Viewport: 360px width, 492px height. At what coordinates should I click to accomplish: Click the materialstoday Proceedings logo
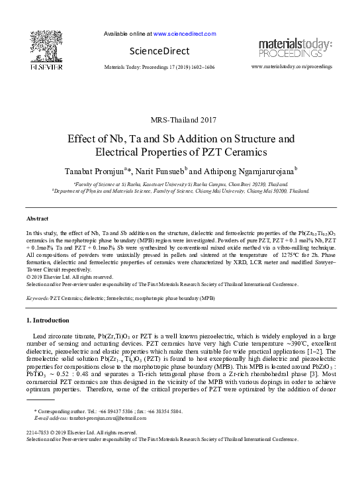(295, 48)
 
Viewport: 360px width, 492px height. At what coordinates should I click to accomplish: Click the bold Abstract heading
(37, 218)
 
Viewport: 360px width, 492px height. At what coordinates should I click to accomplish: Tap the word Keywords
(37, 299)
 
